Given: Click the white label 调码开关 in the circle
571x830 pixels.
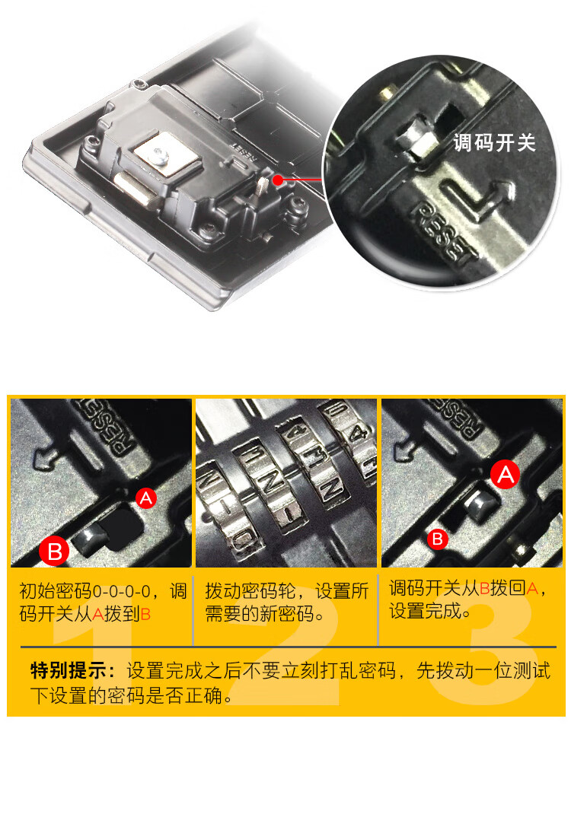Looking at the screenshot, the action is pos(494,143).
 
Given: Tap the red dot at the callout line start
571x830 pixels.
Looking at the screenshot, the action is pos(278,180).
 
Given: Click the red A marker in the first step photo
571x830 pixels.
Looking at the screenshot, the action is pos(146,498).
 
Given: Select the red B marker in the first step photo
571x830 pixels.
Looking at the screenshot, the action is pos(54,551).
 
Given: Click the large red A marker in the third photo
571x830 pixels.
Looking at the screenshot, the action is pos(506,475).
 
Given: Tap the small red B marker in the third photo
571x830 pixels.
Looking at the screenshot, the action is pos(438,539).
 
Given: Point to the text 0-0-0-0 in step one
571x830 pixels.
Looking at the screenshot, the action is pos(121,591).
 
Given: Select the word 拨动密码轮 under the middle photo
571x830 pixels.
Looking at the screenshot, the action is pos(250,591).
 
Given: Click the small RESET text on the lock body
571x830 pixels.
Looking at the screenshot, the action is pos(244,151).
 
